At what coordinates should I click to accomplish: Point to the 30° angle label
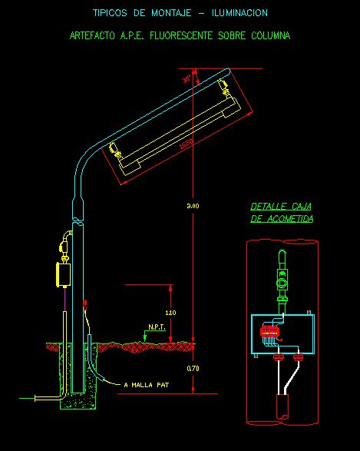pos(187,78)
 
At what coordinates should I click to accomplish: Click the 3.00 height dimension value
pos(193,207)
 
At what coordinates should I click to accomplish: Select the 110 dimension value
pos(170,313)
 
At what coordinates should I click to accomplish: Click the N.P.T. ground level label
pos(157,328)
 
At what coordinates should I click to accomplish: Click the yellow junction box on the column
pos(62,274)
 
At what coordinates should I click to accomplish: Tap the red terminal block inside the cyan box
pos(269,331)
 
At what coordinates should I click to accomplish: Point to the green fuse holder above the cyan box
pos(283,284)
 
